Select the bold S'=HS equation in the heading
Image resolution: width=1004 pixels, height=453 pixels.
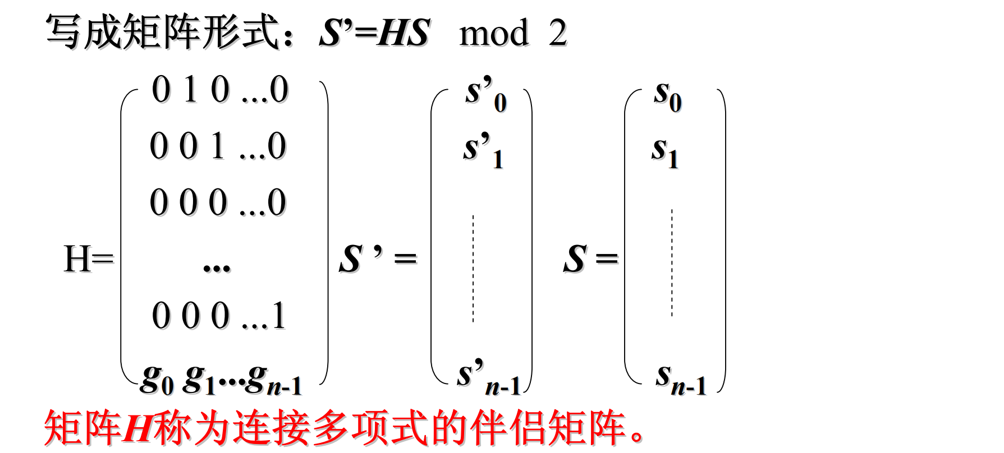(374, 33)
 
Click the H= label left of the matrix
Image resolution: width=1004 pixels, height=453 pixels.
(88, 259)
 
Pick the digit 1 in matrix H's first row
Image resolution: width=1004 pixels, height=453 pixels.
(191, 90)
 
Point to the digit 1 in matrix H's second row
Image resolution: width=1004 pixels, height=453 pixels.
(218, 146)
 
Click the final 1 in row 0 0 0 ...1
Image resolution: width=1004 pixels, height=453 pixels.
(279, 316)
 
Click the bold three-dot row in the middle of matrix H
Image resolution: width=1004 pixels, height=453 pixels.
(217, 267)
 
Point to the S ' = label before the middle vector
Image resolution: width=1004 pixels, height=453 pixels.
(378, 259)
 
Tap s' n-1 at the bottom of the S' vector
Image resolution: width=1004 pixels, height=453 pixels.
(488, 377)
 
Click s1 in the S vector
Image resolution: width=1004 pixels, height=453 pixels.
(665, 151)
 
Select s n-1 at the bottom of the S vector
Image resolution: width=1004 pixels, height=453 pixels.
(680, 378)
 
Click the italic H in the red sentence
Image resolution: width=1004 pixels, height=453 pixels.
(137, 428)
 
